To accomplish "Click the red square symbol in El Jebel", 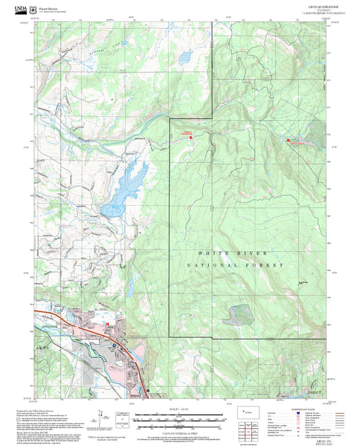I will pos(107,325).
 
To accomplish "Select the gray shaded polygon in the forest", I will pos(240,314).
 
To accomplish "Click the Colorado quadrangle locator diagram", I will pos(251,411).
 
